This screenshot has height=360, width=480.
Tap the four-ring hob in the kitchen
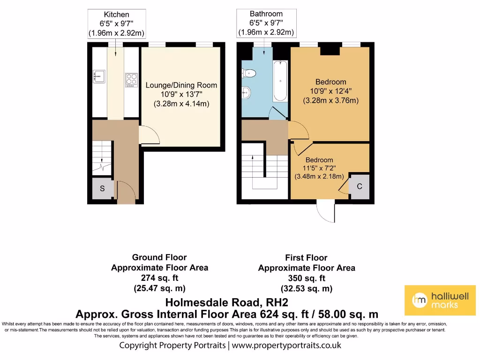click(x=131, y=80)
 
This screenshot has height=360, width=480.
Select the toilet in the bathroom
click(x=249, y=73)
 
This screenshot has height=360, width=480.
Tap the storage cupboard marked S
click(x=102, y=189)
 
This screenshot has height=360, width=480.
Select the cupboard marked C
click(x=360, y=187)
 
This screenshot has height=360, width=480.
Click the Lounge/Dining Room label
click(x=181, y=85)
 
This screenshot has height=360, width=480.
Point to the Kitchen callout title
click(x=116, y=15)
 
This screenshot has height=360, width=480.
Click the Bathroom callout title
click(x=266, y=14)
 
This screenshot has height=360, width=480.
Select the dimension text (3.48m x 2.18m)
click(x=319, y=177)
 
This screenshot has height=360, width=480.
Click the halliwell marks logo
click(x=439, y=300)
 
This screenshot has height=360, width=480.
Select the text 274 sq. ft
click(x=159, y=278)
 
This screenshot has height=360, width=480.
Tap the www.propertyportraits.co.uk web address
click(x=286, y=345)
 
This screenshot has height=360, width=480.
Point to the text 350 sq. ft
click(x=307, y=278)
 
